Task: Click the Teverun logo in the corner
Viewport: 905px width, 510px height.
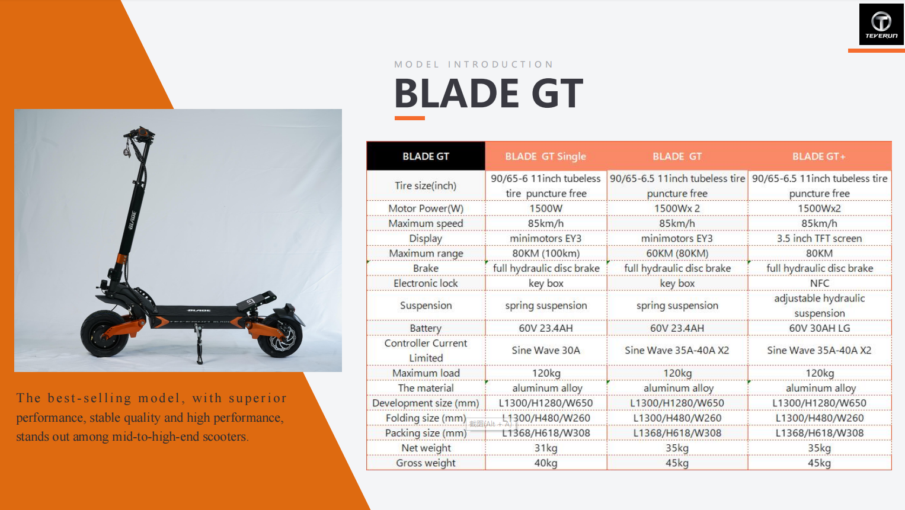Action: point(881,24)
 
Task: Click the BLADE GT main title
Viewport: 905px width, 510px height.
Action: point(488,93)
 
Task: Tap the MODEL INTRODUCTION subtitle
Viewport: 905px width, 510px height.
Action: point(474,64)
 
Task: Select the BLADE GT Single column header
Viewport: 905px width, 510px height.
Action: point(545,156)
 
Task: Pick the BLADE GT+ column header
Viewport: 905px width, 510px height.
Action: point(819,156)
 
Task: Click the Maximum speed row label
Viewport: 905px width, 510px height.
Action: point(426,223)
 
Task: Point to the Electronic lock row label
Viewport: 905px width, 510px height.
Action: point(426,283)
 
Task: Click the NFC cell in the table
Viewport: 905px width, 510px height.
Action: point(819,283)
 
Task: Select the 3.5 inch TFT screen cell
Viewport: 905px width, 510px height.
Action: point(819,238)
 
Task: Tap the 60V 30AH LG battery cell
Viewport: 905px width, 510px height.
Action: point(819,328)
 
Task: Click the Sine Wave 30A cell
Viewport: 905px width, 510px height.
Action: point(545,350)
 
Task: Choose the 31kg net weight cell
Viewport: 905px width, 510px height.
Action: point(545,448)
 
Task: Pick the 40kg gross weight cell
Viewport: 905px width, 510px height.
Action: point(545,463)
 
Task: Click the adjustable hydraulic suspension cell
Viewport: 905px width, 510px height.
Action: point(819,305)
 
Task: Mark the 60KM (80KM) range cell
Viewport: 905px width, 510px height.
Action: point(677,253)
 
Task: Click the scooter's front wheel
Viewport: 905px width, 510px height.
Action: point(104,333)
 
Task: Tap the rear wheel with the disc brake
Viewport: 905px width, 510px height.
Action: point(280,336)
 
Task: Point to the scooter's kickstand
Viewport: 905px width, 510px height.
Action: point(199,343)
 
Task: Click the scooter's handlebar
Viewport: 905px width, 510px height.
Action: point(139,134)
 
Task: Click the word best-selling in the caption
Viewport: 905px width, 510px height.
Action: point(89,398)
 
